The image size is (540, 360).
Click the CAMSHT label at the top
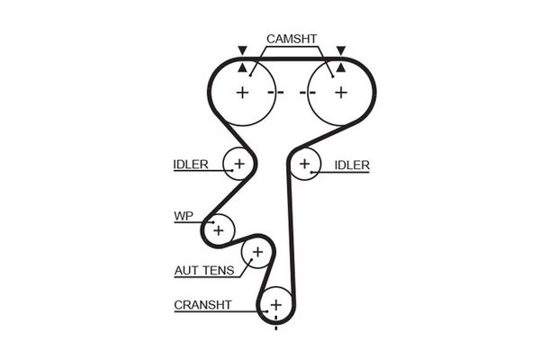(x=291, y=40)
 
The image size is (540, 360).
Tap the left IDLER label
(x=191, y=165)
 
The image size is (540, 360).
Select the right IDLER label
(x=352, y=165)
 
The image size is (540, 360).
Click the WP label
(x=184, y=217)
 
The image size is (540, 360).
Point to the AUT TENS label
(x=204, y=270)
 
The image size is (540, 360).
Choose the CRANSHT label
(x=202, y=305)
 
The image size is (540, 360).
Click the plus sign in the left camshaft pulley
(x=242, y=92)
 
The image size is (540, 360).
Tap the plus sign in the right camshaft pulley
(x=340, y=92)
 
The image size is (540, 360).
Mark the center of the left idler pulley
(x=239, y=164)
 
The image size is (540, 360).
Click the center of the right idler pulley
(x=305, y=164)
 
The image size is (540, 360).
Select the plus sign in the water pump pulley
(x=218, y=230)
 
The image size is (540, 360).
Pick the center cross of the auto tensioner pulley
(x=256, y=252)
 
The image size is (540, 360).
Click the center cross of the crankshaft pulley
(x=275, y=306)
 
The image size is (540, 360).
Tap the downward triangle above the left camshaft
(x=241, y=50)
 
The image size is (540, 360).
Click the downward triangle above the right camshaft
(x=341, y=50)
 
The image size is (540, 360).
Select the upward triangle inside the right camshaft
(x=341, y=67)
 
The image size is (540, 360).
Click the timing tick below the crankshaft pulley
(x=275, y=327)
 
